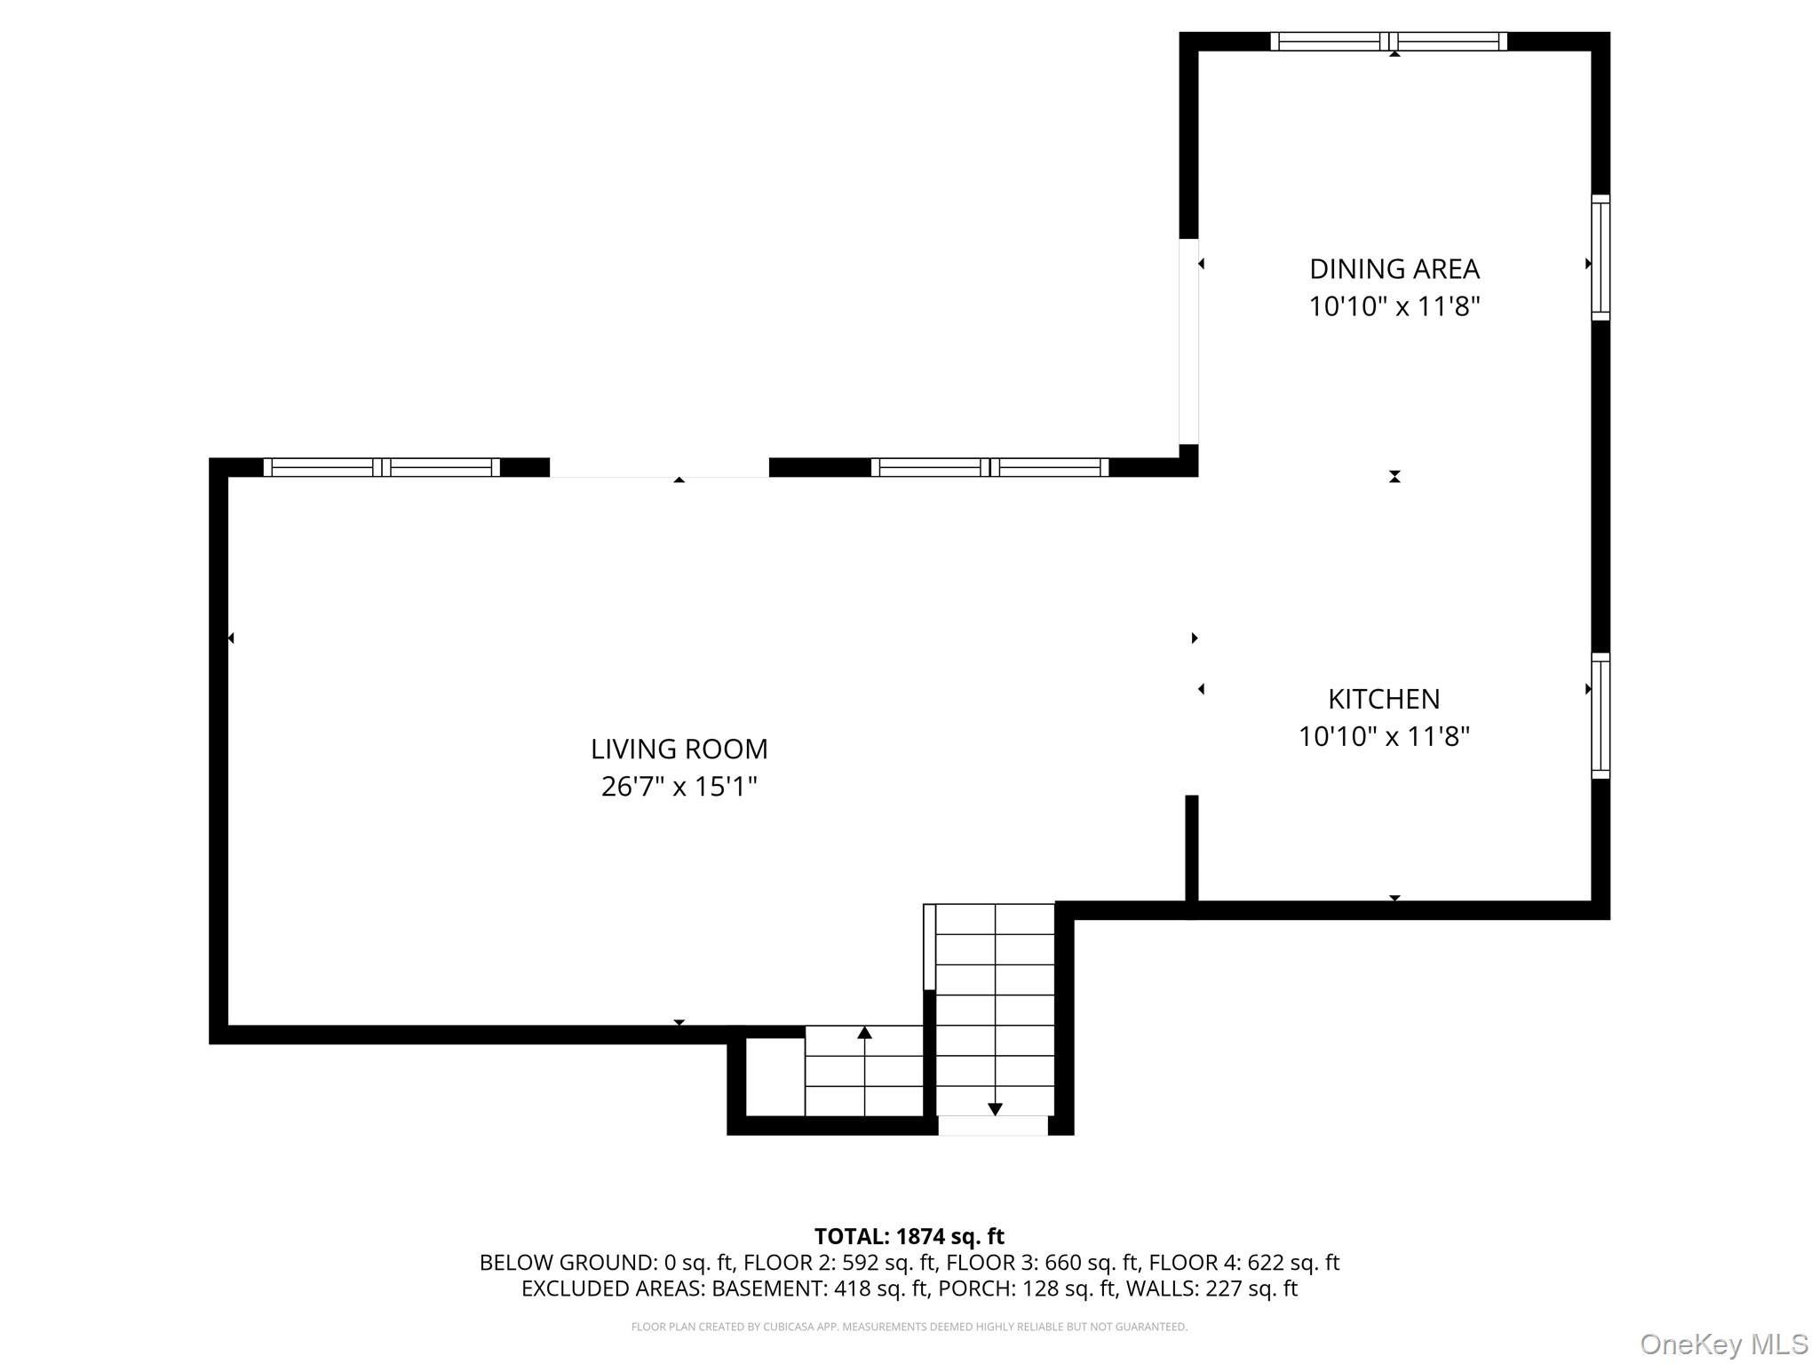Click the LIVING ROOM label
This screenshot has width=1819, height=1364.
(679, 749)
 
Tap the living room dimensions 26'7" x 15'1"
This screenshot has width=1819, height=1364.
(679, 787)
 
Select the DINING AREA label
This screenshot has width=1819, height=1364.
(1394, 268)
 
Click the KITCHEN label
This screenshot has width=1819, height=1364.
(1383, 699)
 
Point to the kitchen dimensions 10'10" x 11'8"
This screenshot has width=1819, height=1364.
(1384, 736)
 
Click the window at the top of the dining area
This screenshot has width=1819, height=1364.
(1388, 41)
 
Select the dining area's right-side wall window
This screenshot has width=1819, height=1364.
(1600, 258)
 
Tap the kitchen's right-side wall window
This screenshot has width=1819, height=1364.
(1600, 716)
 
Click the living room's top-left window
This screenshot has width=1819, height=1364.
(382, 467)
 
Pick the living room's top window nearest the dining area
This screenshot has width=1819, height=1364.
(989, 467)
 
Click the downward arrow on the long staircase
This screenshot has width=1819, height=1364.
(995, 1109)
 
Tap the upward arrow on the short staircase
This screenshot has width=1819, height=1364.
(864, 1033)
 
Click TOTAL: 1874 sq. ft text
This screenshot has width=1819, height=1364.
(909, 1236)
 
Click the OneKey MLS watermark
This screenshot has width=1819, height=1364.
(1723, 1344)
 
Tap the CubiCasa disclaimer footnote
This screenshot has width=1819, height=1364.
(909, 1327)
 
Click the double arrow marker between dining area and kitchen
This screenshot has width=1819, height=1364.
(1394, 477)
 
